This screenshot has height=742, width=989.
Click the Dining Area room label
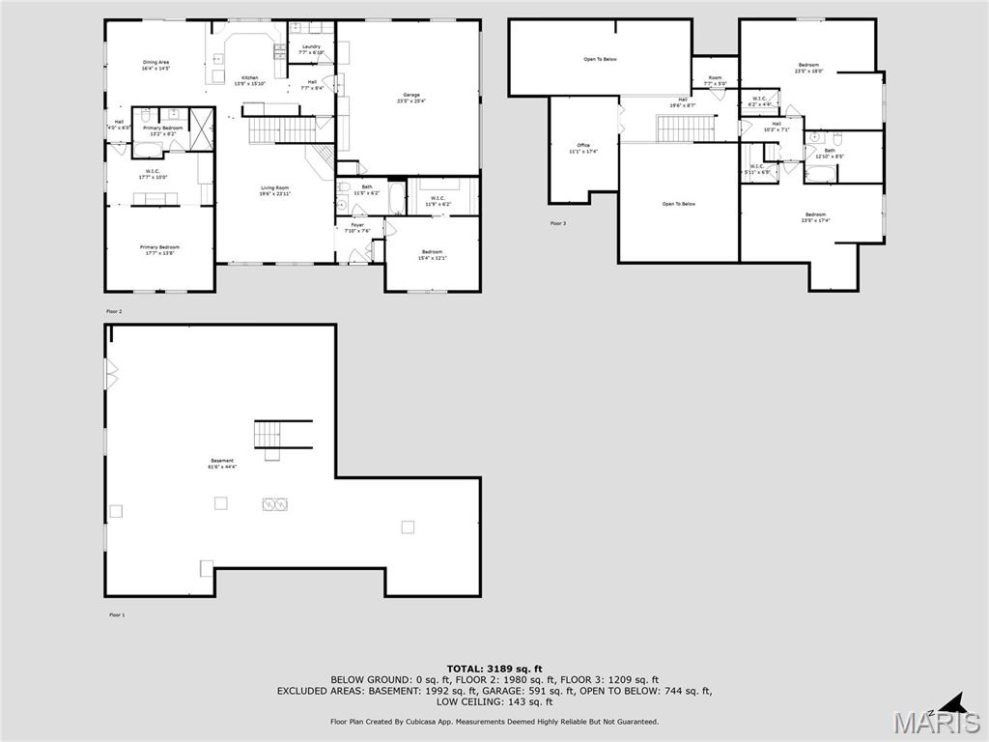tap(156, 66)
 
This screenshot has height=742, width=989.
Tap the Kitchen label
tap(249, 80)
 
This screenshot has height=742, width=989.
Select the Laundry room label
tap(311, 48)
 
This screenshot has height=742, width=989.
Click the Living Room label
tap(275, 190)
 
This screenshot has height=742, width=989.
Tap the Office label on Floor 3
tap(583, 148)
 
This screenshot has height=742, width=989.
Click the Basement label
tap(222, 464)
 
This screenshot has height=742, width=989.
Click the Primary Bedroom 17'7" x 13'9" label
tap(159, 249)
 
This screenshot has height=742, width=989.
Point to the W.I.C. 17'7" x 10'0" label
tap(153, 174)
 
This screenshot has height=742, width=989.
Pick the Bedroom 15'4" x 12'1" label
tap(432, 254)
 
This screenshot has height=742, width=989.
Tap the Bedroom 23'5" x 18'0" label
tap(808, 68)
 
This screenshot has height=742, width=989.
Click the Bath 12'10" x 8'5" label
tap(830, 153)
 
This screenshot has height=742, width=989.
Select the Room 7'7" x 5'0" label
tap(715, 80)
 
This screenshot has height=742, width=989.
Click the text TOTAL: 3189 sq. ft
tap(494, 669)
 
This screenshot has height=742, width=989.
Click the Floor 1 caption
tap(116, 614)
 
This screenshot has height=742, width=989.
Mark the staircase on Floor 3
tap(686, 128)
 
